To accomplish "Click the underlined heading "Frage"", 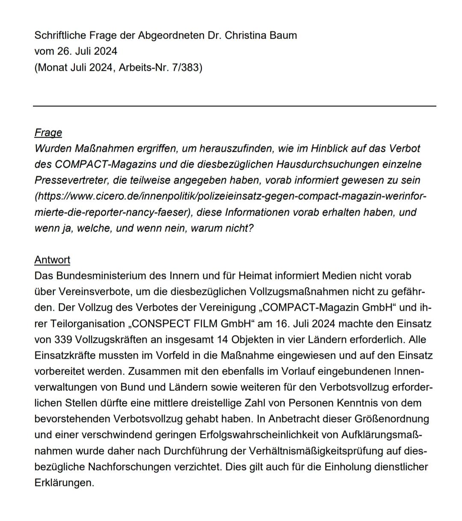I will point(48,133).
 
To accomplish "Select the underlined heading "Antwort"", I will point(52,260).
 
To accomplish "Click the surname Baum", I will point(283,35).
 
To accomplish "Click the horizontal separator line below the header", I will point(234,105).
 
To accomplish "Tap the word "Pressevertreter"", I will point(69,180).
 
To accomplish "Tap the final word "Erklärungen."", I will point(64,482).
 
